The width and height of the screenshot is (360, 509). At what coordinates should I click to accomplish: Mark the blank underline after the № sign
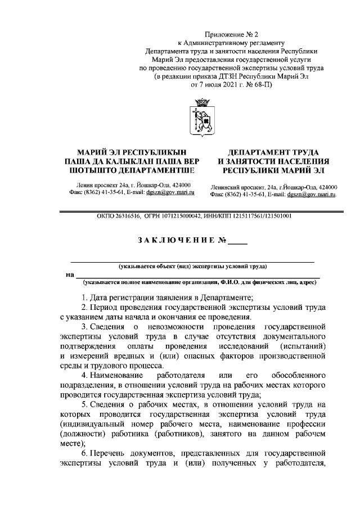pyautogui.click(x=237, y=242)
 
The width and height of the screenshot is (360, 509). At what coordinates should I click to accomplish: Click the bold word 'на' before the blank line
pyautogui.click(x=70, y=274)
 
